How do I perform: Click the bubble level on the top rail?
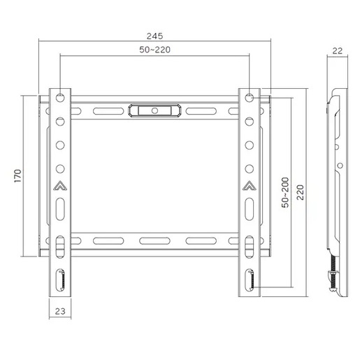pyautogui.click(x=154, y=110)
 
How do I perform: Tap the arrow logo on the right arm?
pyautogui.click(x=249, y=186)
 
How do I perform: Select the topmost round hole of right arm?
pyautogui.click(x=249, y=96)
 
